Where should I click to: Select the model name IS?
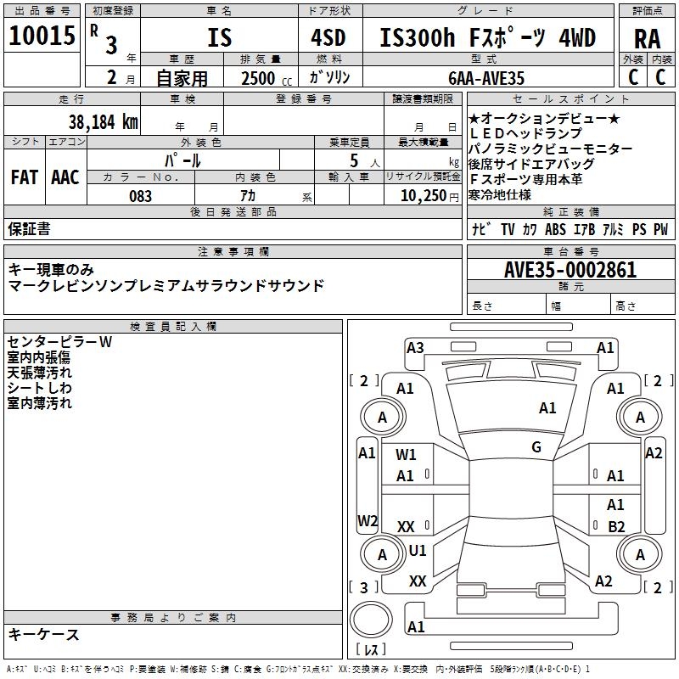[219, 38]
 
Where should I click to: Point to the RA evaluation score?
[647, 39]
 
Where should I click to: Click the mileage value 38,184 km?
[103, 121]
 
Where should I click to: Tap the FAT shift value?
[24, 177]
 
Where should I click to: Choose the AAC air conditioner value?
[65, 177]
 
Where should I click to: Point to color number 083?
[140, 196]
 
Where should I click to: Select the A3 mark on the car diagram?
[415, 347]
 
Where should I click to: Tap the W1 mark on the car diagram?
[407, 455]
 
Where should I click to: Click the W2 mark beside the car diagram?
[368, 520]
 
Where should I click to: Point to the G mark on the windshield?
[536, 447]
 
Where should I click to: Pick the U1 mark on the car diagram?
[418, 550]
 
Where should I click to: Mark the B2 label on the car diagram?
[616, 526]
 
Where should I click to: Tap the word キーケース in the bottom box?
[44, 634]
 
